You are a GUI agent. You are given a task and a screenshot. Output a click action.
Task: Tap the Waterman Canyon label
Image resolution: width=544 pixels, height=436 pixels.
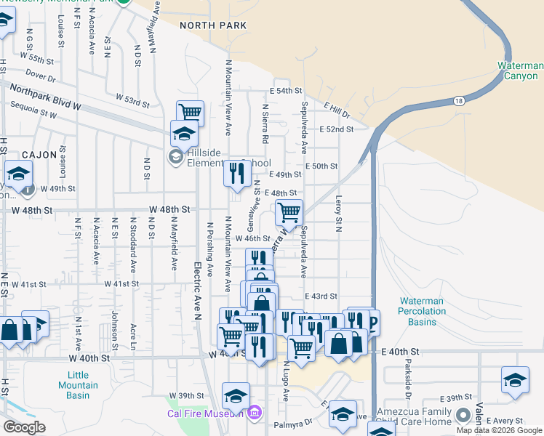pyautogui.click(x=519, y=70)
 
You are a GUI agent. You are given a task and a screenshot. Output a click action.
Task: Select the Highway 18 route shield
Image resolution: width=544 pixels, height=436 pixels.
pyautogui.click(x=458, y=101)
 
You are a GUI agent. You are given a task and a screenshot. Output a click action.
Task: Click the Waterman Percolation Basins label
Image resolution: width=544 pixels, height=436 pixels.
pyautogui.click(x=428, y=307)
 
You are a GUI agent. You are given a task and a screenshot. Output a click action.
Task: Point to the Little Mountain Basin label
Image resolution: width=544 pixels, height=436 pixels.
pyautogui.click(x=73, y=385)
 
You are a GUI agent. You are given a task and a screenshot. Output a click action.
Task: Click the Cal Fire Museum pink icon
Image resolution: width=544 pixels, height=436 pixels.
pyautogui.click(x=254, y=413)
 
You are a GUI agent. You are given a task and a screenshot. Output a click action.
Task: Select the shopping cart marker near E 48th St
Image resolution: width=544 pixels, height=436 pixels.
pyautogui.click(x=289, y=213)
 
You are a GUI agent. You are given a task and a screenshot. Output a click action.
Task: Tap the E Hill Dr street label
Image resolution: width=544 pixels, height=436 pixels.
pyautogui.click(x=337, y=110)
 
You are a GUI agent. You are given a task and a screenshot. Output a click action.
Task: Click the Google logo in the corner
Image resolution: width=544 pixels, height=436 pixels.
pyautogui.click(x=25, y=427)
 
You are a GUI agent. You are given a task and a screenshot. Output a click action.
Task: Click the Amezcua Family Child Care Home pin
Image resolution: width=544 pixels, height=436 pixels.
pyautogui.click(x=463, y=416)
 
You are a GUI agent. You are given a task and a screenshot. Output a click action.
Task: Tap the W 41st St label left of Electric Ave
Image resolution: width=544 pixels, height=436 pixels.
pyautogui.click(x=121, y=283)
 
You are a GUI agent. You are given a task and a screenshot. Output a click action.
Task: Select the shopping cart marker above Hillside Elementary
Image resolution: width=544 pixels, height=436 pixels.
pyautogui.click(x=190, y=113)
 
